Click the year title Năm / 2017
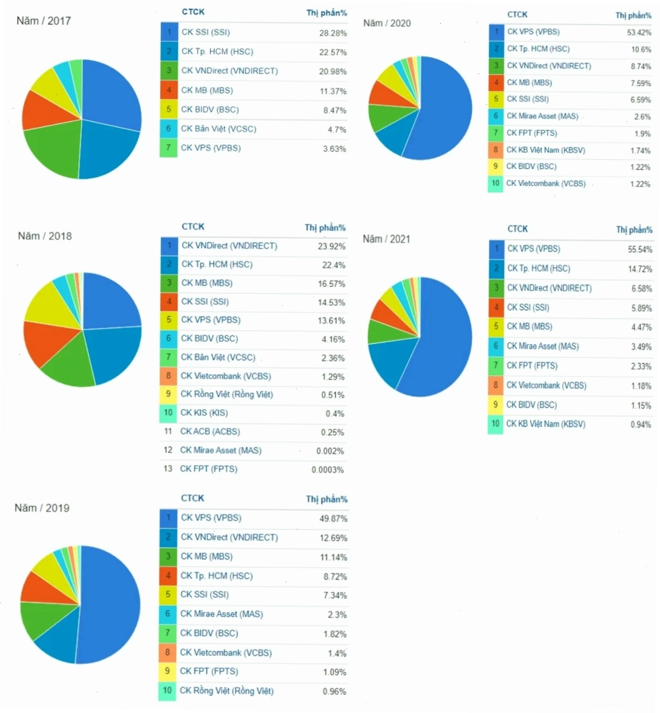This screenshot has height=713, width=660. tap(44, 21)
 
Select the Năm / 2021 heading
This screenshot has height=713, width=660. tap(386, 239)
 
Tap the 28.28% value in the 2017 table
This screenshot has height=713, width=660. tap(333, 33)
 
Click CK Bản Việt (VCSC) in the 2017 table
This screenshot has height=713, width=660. tap(218, 129)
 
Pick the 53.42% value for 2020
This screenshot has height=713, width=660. tap(639, 32)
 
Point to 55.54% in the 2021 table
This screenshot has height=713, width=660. tap(640, 249)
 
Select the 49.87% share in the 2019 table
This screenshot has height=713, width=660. tap(333, 518)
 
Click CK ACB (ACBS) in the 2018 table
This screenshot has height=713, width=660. tap(209, 431)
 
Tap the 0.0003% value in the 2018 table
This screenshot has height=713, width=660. tap(327, 470)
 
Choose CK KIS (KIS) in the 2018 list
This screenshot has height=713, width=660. tap(204, 412)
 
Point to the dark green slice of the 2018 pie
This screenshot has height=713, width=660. tap(68, 363)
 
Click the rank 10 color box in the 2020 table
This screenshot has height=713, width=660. tap(495, 184)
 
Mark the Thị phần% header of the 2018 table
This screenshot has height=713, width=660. tap(325, 227)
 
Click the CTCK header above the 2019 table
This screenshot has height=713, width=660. tap(193, 498)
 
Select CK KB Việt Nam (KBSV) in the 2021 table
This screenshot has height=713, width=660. tap(545, 424)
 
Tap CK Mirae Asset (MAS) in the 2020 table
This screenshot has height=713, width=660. tap(542, 116)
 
